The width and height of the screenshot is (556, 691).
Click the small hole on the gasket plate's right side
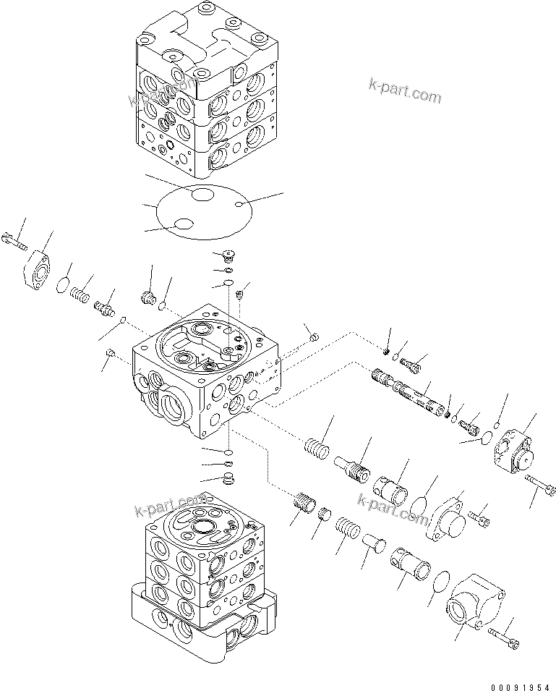pyautogui.click(x=239, y=206)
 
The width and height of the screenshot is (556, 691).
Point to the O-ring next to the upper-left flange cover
pyautogui.click(x=64, y=283)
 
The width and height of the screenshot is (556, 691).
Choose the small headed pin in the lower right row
pyautogui.click(x=374, y=542)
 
